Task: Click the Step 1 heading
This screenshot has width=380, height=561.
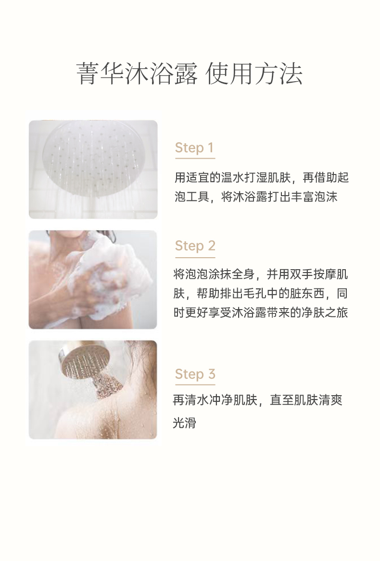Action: pyautogui.click(x=194, y=148)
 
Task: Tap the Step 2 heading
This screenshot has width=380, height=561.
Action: pyautogui.click(x=195, y=246)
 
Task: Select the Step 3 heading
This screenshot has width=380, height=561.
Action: pyautogui.click(x=195, y=374)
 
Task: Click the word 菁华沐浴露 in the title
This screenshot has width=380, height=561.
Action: pyautogui.click(x=137, y=74)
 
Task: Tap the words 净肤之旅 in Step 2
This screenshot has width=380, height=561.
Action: pyautogui.click(x=325, y=312)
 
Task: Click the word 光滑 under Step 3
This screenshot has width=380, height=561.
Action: pyautogui.click(x=184, y=423)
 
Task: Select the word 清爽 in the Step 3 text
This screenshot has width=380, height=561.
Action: pyautogui.click(x=330, y=400)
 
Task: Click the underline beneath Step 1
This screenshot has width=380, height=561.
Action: pyautogui.click(x=195, y=158)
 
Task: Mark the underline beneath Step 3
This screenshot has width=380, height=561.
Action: pyautogui.click(x=195, y=385)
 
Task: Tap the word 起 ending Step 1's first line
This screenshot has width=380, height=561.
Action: pyautogui.click(x=343, y=177)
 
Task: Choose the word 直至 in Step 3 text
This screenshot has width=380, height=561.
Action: pyautogui.click(x=281, y=400)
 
